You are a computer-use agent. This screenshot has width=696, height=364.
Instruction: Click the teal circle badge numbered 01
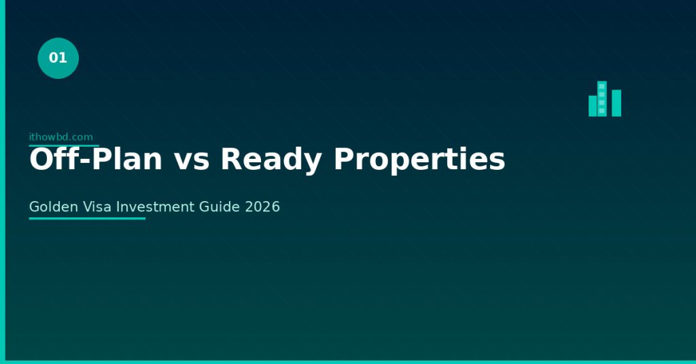[58, 58]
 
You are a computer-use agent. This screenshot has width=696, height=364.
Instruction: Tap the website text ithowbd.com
[60, 137]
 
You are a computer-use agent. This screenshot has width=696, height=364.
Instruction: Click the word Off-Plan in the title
[96, 160]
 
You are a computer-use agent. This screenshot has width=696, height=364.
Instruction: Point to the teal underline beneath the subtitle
[87, 219]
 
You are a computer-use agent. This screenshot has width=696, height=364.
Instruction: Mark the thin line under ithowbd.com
[64, 145]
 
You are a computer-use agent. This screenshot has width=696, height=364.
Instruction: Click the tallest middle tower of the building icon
[602, 99]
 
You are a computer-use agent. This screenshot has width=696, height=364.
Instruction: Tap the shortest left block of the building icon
[592, 106]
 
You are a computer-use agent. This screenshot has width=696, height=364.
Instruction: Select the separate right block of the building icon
[616, 103]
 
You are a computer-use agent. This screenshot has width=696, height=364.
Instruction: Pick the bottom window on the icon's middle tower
[602, 111]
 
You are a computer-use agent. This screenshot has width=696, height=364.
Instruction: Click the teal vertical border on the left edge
[2, 182]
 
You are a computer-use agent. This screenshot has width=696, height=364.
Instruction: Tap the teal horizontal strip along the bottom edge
[348, 362]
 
